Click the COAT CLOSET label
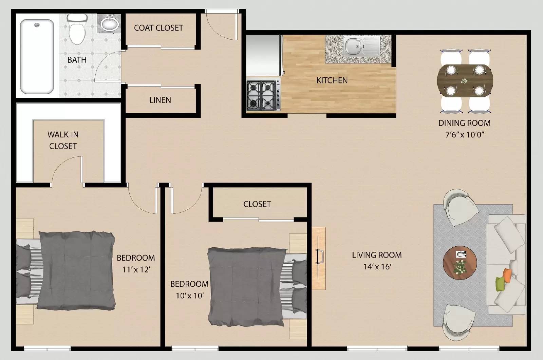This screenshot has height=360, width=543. [158, 28]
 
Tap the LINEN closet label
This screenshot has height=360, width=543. [160, 100]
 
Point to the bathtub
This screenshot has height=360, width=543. [37, 57]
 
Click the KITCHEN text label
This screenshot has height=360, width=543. [332, 80]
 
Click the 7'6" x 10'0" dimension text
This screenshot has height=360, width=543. [464, 134]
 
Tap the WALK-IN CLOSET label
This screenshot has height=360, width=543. [63, 140]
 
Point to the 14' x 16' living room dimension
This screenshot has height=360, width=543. [377, 266]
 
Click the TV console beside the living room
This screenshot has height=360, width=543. [319, 258]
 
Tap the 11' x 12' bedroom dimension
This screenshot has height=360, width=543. [136, 269]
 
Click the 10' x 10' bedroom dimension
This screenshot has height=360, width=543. [189, 296]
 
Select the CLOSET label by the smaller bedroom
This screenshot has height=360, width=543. [257, 204]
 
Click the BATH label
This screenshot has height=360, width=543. [77, 60]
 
